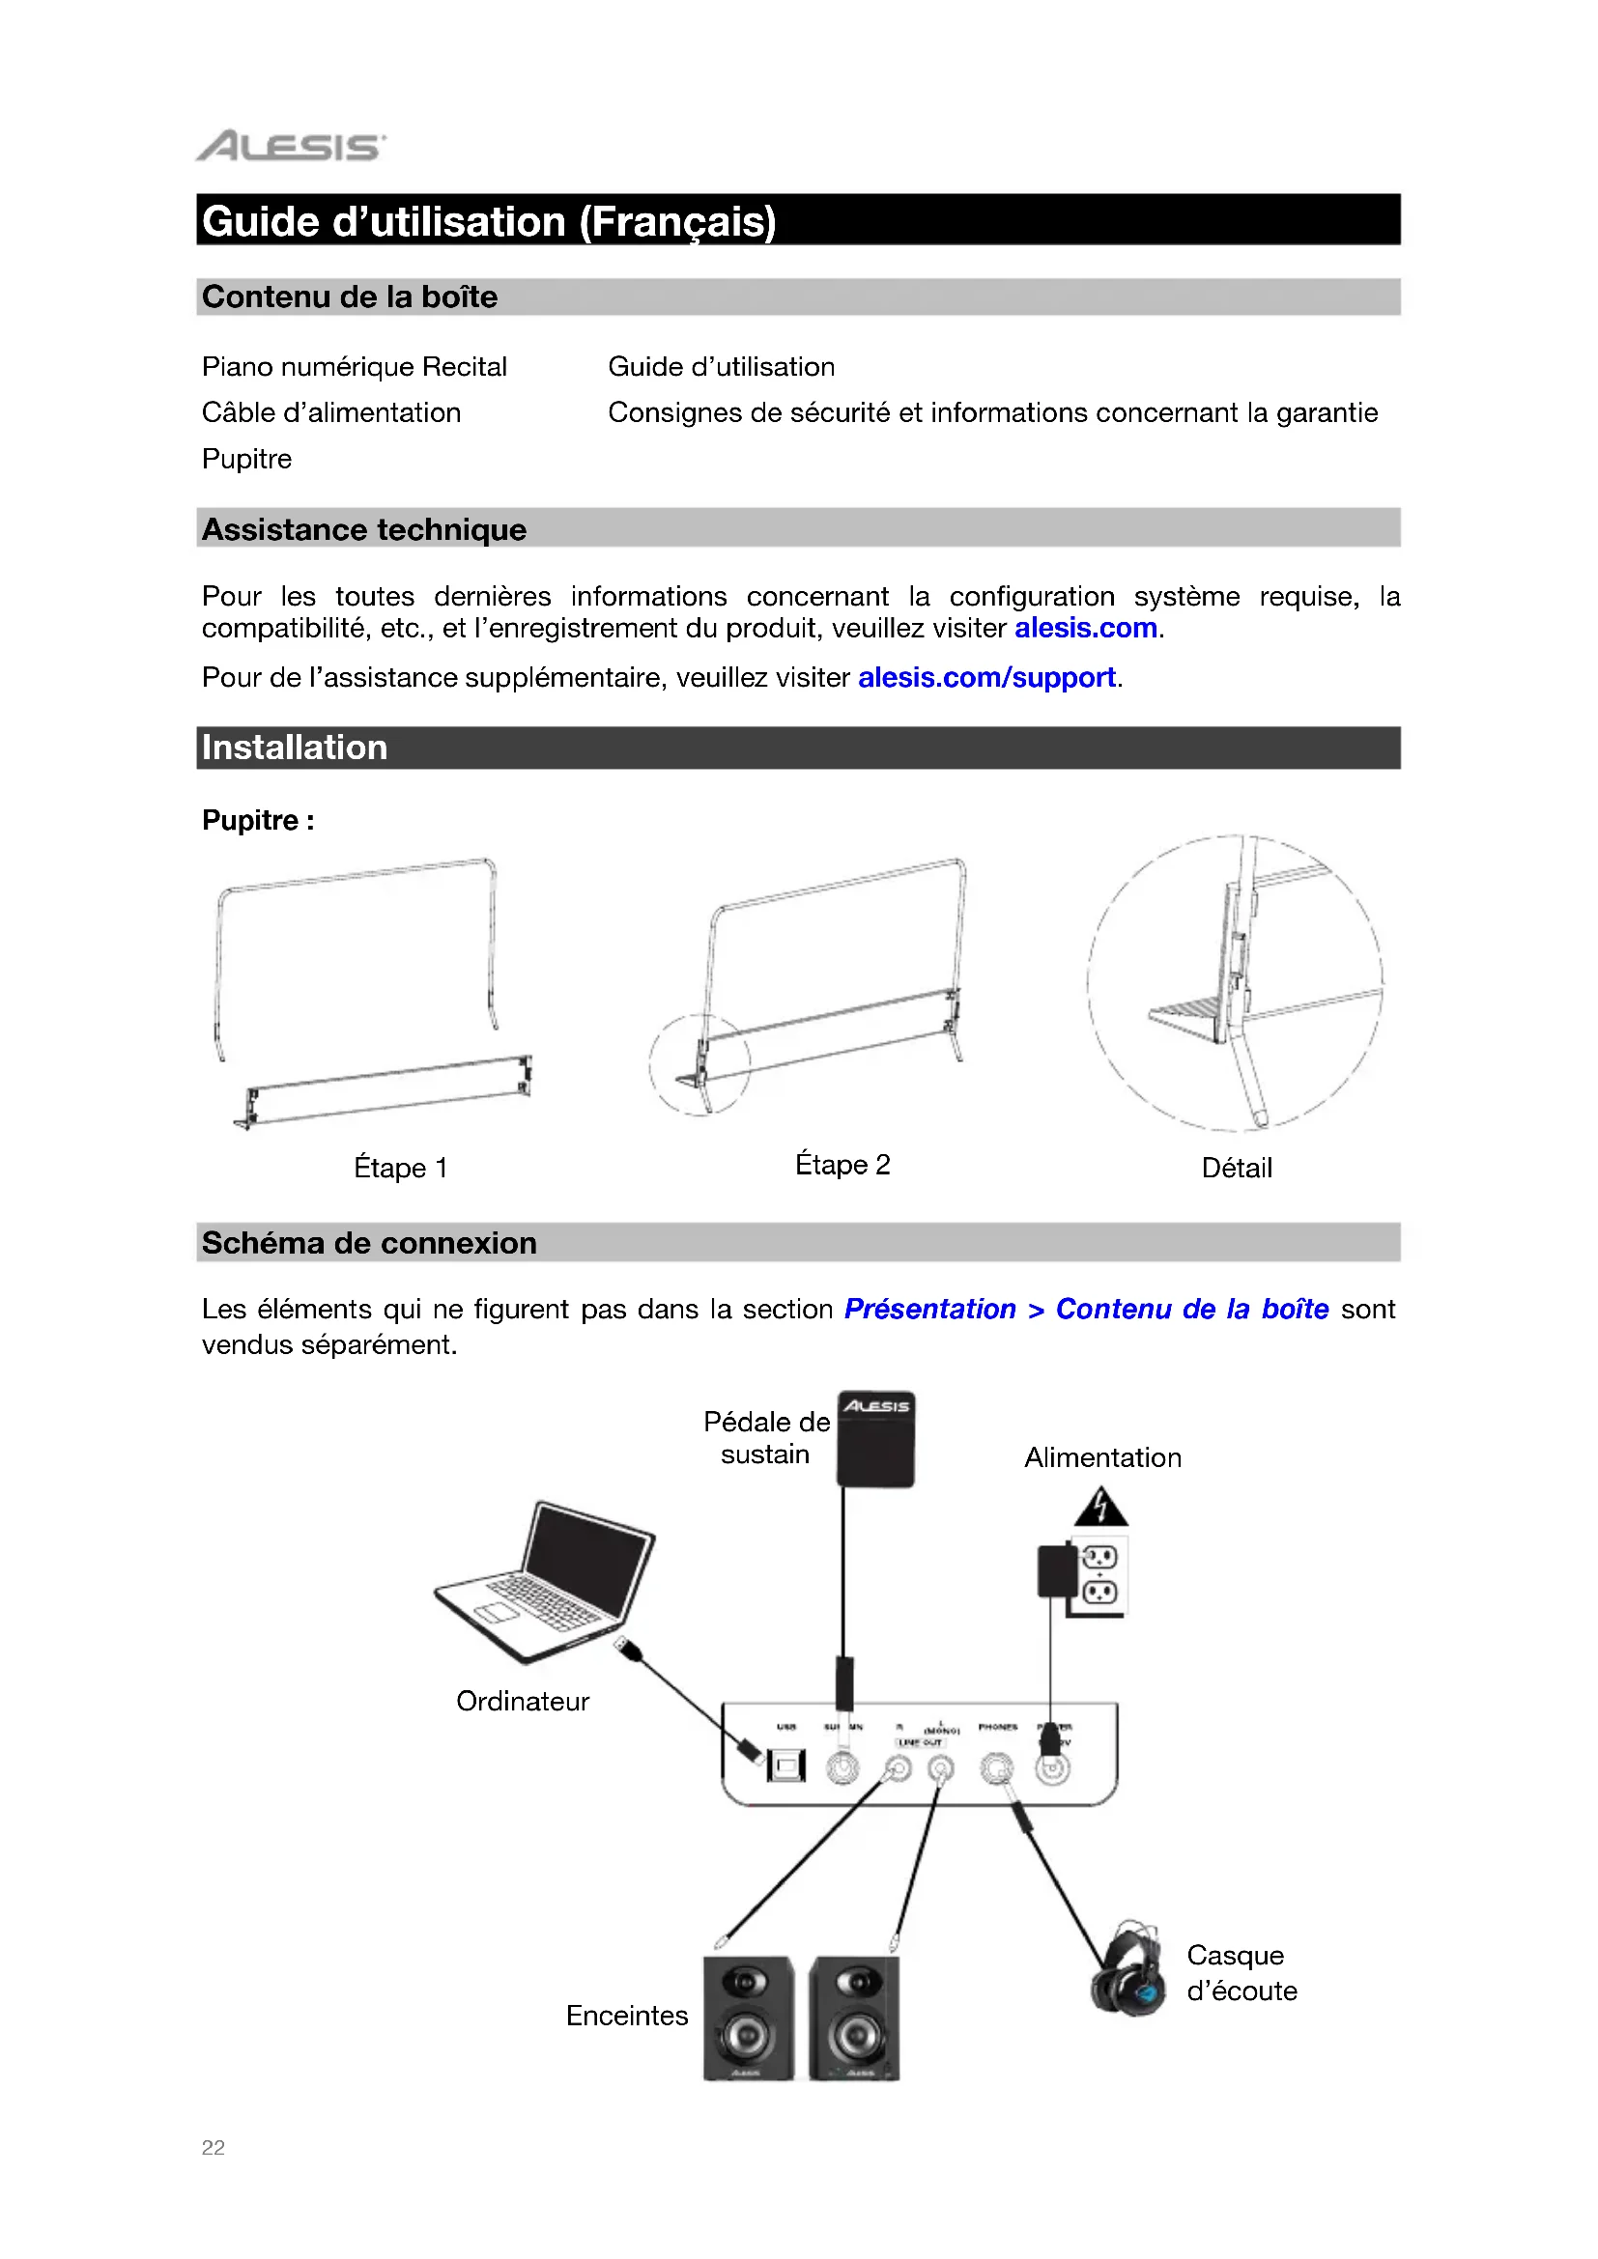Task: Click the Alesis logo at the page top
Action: [291, 146]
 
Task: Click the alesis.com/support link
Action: [986, 678]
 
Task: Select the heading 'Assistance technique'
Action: [364, 529]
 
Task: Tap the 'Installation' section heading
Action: [295, 748]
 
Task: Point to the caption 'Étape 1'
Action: [401, 1168]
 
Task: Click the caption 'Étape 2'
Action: [842, 1165]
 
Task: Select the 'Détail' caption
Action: [1237, 1168]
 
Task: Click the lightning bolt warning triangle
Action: [1101, 1508]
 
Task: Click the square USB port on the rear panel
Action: [786, 1766]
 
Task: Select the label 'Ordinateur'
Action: [523, 1701]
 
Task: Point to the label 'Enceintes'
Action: [627, 2016]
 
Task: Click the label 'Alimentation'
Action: [1103, 1457]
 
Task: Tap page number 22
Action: [214, 2148]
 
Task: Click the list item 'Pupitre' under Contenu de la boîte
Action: [247, 459]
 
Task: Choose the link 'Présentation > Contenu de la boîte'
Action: [1086, 1309]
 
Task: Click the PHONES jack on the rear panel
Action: [997, 1768]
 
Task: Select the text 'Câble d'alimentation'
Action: [331, 412]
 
